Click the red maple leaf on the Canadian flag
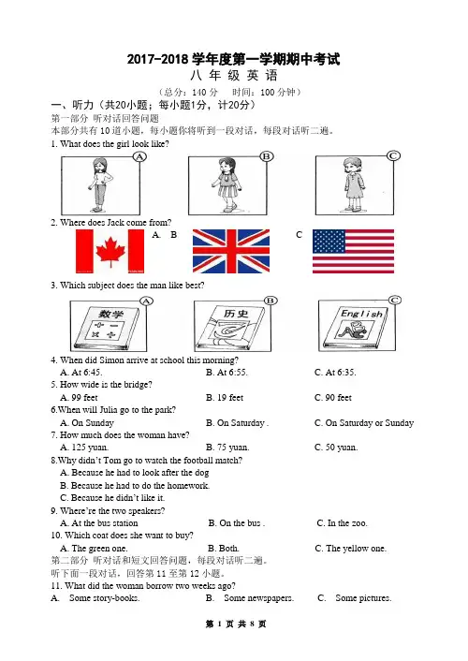click(110, 252)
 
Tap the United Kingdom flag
click(231, 251)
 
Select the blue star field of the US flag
click(329, 242)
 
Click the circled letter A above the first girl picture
click(139, 156)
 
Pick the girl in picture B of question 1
click(228, 184)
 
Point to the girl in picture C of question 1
click(353, 184)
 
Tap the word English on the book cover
click(361, 314)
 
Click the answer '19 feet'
click(230, 398)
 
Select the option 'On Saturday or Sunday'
click(370, 423)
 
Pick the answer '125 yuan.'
click(90, 448)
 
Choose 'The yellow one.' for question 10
click(356, 549)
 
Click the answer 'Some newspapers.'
click(259, 598)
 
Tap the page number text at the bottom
click(236, 624)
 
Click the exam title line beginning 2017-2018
click(234, 59)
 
